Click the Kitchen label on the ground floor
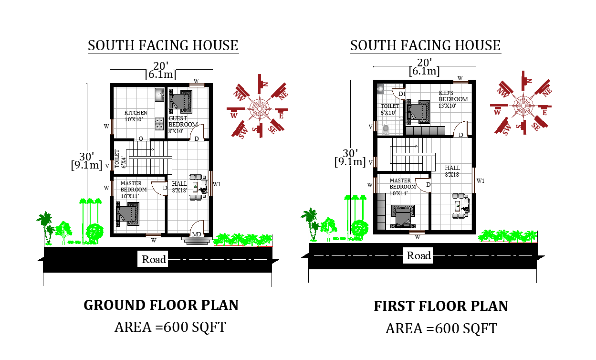pos(136,116)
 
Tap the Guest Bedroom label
pos(182,125)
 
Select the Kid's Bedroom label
pos(453,99)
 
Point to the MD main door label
pos(196,234)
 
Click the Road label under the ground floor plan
pos(154,259)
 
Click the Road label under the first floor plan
pos(418,255)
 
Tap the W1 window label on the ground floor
pos(216,184)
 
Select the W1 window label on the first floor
pos(481,180)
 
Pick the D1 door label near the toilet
pos(402,94)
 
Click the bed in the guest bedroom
pos(180,101)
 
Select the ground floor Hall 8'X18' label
pos(179,187)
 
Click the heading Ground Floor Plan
pos(161,305)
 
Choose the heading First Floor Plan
pos(440,306)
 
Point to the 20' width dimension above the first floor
pos(424,62)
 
